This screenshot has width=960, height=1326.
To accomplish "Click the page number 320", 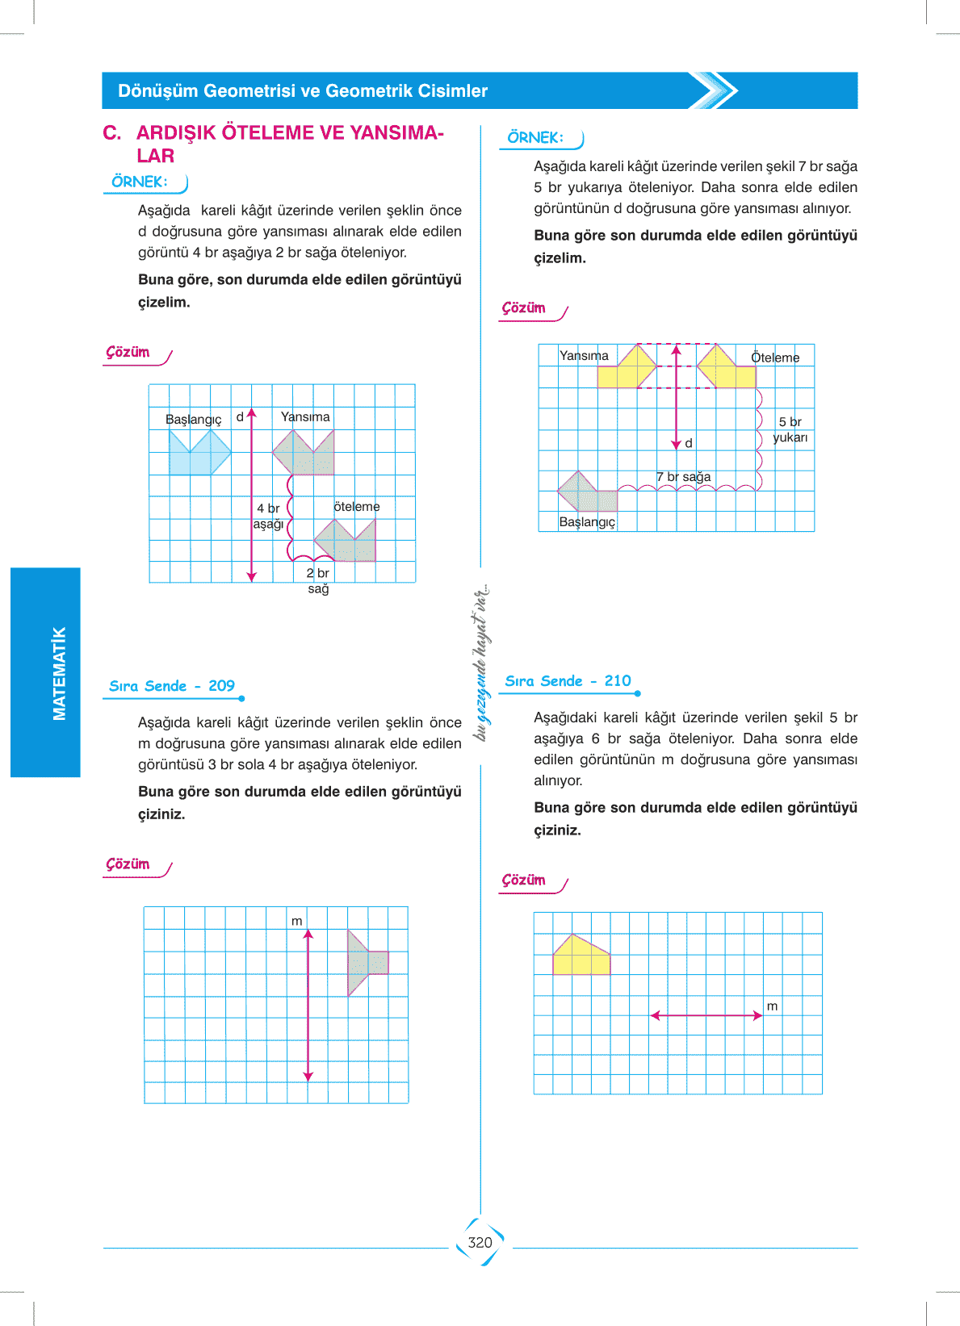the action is (x=480, y=1242).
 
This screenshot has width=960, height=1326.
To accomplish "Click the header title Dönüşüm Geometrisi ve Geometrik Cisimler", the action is (x=303, y=90).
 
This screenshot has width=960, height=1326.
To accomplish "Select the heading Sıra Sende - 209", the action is (x=172, y=685).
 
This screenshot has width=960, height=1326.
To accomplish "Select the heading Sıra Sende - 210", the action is (x=568, y=681).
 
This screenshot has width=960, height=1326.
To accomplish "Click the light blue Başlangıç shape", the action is (x=199, y=452).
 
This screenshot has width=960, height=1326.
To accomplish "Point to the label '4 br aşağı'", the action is (x=268, y=516).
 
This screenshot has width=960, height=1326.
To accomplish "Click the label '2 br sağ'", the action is (x=318, y=580).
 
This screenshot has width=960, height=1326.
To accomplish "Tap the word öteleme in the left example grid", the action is (x=357, y=507).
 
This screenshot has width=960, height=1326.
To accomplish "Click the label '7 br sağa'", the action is (x=683, y=476).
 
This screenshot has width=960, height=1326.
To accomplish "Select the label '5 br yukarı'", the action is (x=790, y=429).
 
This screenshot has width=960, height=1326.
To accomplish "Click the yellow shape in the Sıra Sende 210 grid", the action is (x=581, y=954).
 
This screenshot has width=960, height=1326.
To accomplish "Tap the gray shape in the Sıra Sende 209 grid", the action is (x=367, y=963).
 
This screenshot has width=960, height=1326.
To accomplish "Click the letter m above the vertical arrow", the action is (x=296, y=921).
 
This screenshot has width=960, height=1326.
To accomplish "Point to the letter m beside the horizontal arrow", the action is (x=772, y=1006).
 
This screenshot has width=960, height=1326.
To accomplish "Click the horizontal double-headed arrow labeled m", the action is (x=706, y=1015).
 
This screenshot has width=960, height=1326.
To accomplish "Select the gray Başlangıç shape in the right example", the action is (x=587, y=491).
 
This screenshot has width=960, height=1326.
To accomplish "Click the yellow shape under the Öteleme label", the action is (x=726, y=366).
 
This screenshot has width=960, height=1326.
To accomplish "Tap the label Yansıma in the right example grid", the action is (x=584, y=356).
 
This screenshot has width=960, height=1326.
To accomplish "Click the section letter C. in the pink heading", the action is (x=112, y=132).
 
